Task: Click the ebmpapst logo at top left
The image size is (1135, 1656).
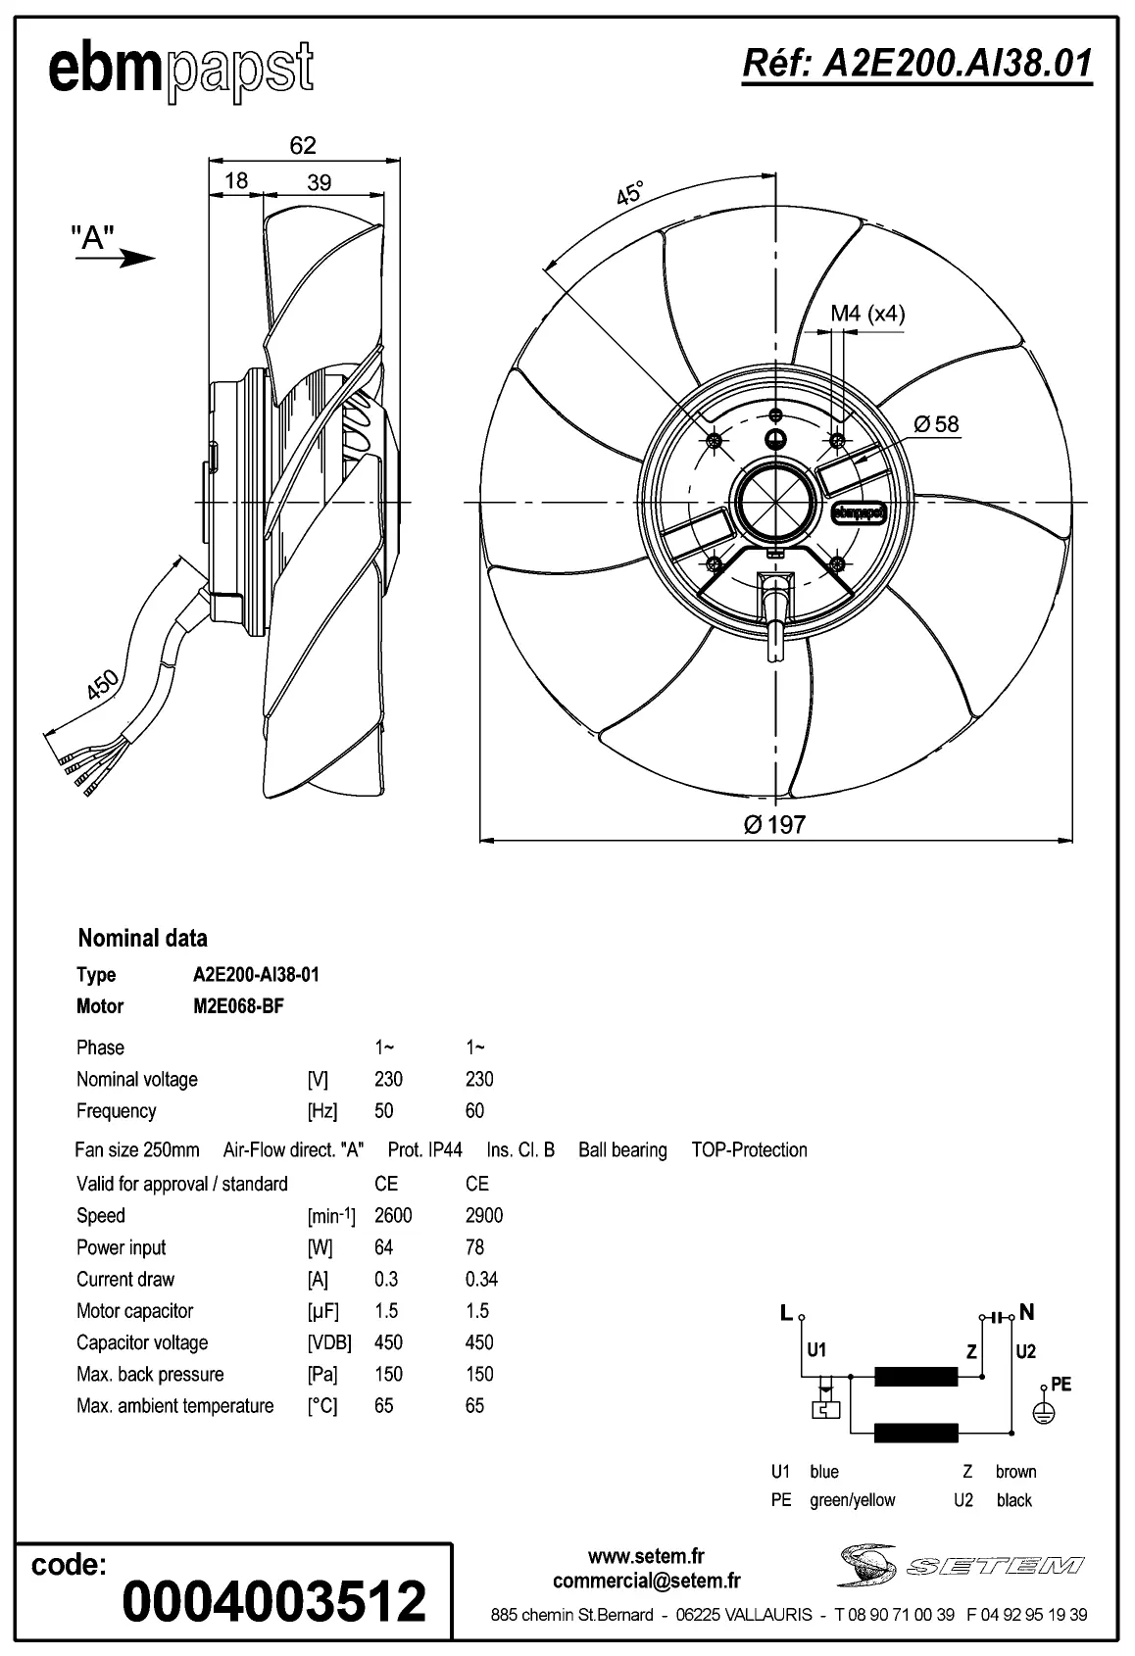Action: click(181, 71)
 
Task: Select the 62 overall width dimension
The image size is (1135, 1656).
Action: click(303, 145)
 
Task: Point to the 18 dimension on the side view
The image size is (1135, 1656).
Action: click(236, 180)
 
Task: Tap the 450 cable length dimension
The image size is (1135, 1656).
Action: click(101, 684)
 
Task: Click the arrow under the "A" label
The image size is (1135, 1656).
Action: click(129, 259)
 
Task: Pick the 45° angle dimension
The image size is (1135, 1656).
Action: click(630, 193)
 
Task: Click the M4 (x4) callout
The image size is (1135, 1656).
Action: click(867, 314)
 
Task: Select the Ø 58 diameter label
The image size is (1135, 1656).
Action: click(936, 424)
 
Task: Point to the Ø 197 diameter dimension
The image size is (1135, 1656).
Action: click(774, 824)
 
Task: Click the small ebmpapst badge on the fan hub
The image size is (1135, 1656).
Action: click(859, 511)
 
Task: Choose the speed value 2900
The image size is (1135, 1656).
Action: click(484, 1215)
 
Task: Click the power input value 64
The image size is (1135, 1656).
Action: click(383, 1247)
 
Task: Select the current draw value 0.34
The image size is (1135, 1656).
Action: click(481, 1279)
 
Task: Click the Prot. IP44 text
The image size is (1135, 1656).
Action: click(424, 1149)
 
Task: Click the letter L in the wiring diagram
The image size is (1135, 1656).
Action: click(785, 1313)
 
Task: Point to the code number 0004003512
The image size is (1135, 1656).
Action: click(274, 1601)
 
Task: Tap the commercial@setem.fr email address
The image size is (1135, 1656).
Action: click(646, 1580)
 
